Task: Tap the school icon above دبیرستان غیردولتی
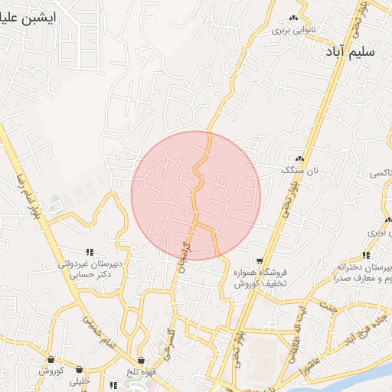(x=90, y=251)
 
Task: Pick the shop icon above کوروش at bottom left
(x=51, y=359)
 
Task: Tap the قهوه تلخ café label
(x=142, y=371)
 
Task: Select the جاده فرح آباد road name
(x=358, y=331)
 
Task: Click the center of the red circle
(x=196, y=195)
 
